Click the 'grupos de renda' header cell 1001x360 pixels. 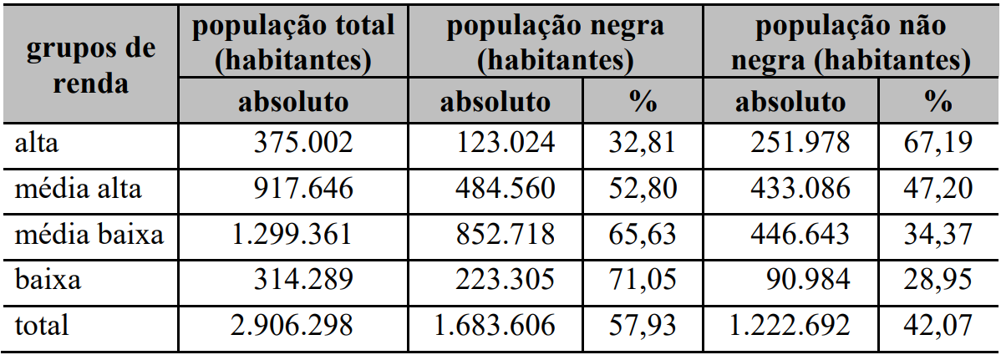click(x=91, y=65)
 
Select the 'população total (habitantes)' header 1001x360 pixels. click(x=293, y=42)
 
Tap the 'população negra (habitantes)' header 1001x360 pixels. click(x=555, y=42)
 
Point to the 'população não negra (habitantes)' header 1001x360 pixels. click(x=851, y=42)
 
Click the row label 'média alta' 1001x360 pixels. click(x=79, y=189)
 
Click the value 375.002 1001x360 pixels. click(x=303, y=143)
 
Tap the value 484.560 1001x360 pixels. click(x=505, y=189)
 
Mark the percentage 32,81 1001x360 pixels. click(x=643, y=143)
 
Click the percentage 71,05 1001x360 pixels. click(x=643, y=279)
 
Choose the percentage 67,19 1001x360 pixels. click(x=938, y=143)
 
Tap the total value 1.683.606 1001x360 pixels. click(x=494, y=325)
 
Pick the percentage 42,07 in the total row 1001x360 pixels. click(x=938, y=325)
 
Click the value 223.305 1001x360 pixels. click(x=505, y=279)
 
